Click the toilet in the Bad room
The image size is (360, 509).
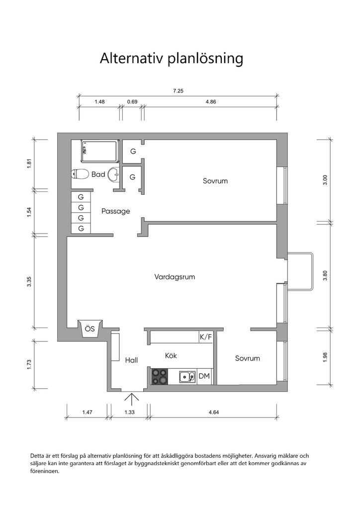coord(80,174)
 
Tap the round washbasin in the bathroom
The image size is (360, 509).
coord(114,174)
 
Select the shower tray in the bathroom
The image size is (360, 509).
coord(99,151)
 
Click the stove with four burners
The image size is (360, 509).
coord(160,377)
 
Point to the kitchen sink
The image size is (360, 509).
coord(187,377)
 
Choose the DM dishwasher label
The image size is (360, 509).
coord(204,376)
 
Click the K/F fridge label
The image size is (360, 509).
coord(205,337)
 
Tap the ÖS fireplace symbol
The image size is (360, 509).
coord(90,329)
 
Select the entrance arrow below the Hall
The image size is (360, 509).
coord(132,400)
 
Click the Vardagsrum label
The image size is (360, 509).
coord(175,277)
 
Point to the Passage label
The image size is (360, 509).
coord(115,211)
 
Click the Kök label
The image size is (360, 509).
coord(171,355)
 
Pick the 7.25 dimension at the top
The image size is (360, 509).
coord(178,91)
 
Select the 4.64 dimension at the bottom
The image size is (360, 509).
coord(214,412)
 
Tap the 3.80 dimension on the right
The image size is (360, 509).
coord(326,275)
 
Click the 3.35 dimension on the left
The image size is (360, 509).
coord(29,281)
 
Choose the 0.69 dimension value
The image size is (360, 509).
coord(132,101)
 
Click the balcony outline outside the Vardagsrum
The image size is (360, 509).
coord(312,271)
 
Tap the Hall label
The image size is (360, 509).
coord(131,360)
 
